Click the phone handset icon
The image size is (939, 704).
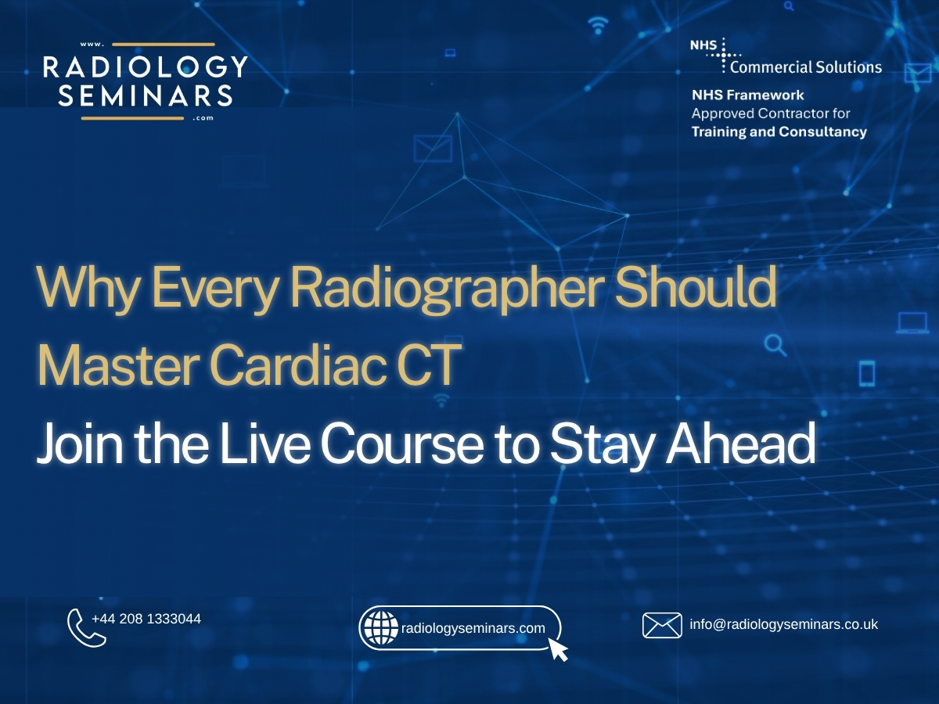(85, 628)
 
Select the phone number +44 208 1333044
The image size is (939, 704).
(146, 619)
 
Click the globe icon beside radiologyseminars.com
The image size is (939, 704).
(381, 627)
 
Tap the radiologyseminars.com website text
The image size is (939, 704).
(473, 628)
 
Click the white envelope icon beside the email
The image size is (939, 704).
(662, 625)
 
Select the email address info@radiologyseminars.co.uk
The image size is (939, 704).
(784, 624)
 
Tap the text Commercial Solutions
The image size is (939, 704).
(806, 67)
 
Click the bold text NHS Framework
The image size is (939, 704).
(747, 95)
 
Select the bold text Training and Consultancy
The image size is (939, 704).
(779, 131)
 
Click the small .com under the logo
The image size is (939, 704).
(203, 119)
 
